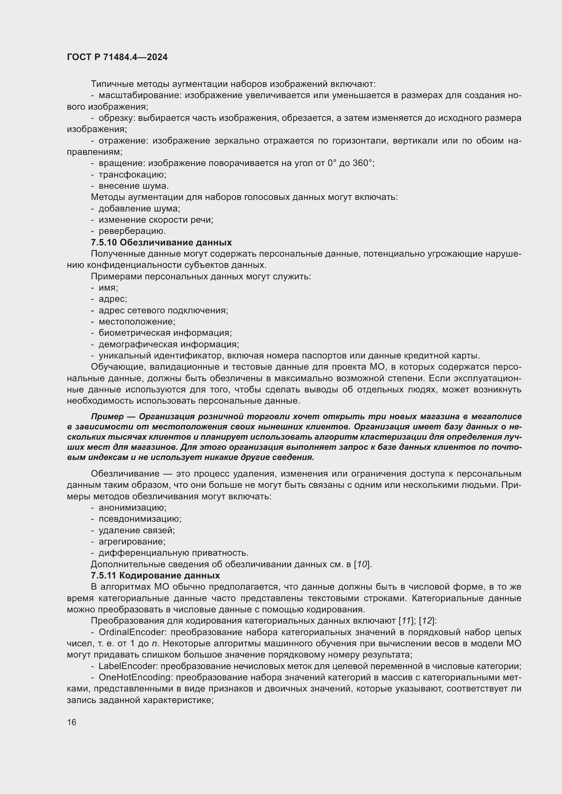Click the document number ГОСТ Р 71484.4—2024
click(117, 57)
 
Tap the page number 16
click(72, 722)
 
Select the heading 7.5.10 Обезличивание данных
click(161, 242)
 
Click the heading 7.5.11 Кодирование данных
click(155, 575)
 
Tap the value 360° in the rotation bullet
click(363, 163)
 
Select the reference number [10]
click(362, 565)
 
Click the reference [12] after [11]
click(428, 621)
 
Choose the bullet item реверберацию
click(132, 231)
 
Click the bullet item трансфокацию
click(132, 174)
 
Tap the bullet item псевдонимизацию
click(140, 519)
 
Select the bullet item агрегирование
click(132, 541)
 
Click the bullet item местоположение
click(137, 321)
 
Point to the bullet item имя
click(108, 288)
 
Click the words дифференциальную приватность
click(173, 553)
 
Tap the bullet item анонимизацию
click(133, 507)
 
